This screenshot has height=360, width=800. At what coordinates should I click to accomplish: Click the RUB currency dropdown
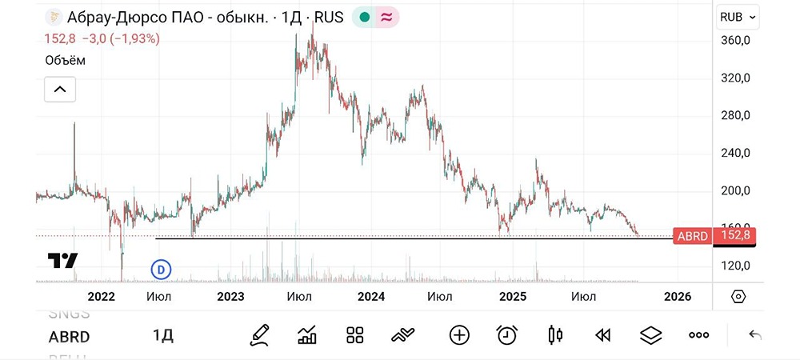(x=737, y=17)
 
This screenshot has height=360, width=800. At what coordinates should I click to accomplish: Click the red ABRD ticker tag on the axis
(x=691, y=235)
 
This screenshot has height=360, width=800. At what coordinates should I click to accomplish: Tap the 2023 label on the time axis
(x=230, y=296)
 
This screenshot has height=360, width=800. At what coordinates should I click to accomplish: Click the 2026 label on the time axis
(x=678, y=296)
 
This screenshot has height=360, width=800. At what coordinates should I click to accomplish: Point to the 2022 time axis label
(x=102, y=296)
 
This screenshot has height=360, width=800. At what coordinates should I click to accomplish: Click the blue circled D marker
(x=161, y=270)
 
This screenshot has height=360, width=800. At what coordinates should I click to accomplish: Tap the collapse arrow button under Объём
(x=59, y=90)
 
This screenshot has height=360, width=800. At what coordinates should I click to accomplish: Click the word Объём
(x=64, y=60)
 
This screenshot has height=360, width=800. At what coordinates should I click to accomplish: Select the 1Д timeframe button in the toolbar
(x=163, y=335)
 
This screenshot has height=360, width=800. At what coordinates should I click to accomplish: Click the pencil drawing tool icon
(x=258, y=335)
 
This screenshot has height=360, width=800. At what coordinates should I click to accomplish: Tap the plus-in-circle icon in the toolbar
(x=459, y=335)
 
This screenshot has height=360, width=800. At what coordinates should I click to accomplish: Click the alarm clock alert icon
(x=506, y=335)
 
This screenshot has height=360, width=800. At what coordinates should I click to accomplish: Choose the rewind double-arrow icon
(x=604, y=335)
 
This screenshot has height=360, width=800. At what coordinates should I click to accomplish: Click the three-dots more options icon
(x=698, y=335)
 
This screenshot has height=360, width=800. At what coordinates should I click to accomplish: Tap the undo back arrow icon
(x=754, y=335)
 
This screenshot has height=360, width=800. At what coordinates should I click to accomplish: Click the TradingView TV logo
(x=62, y=261)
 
